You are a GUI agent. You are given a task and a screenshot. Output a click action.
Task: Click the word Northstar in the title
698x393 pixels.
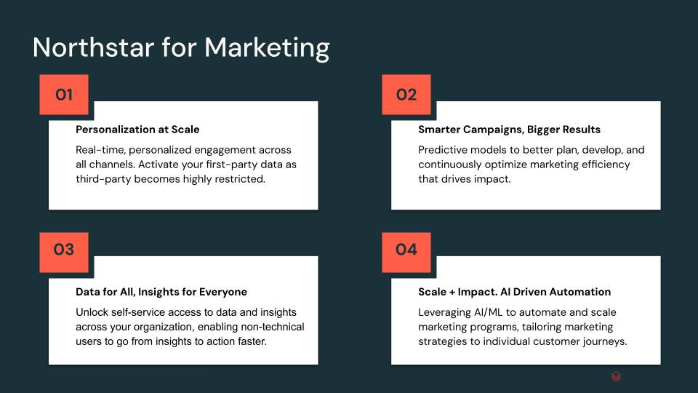pyautogui.click(x=94, y=47)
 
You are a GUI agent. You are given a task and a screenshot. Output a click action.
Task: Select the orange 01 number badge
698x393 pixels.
pyautogui.click(x=64, y=95)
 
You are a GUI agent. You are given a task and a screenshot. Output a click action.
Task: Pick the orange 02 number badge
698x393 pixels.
pyautogui.click(x=406, y=95)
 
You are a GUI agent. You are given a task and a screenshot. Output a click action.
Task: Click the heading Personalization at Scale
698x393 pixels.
pyautogui.click(x=137, y=130)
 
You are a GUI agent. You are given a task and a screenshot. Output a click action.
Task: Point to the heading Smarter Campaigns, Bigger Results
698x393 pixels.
pyautogui.click(x=509, y=130)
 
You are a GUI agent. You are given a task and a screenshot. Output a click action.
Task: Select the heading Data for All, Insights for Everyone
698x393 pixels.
pyautogui.click(x=161, y=292)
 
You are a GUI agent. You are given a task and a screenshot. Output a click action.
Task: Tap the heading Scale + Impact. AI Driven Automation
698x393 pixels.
pyautogui.click(x=515, y=292)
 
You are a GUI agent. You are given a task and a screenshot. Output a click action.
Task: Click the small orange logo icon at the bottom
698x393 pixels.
pyautogui.click(x=616, y=376)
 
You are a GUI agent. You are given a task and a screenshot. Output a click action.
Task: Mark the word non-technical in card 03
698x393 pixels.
pyautogui.click(x=273, y=327)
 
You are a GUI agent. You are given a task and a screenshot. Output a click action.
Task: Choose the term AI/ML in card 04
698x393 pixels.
pyautogui.click(x=489, y=313)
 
